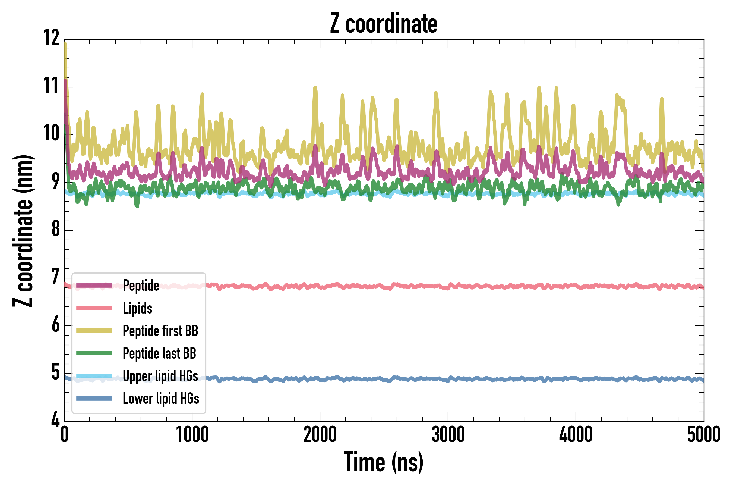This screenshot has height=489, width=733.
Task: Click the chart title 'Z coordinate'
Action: click(x=384, y=24)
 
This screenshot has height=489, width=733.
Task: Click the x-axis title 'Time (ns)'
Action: click(x=384, y=462)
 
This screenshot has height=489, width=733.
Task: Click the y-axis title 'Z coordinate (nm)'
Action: click(x=23, y=231)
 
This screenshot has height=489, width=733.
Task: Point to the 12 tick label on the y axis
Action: click(x=51, y=38)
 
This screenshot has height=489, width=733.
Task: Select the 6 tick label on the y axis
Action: click(x=55, y=325)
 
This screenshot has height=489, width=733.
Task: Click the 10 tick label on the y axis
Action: click(x=51, y=133)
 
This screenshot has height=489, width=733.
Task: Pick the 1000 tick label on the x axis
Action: click(x=192, y=434)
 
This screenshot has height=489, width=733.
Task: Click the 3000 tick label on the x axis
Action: click(x=448, y=434)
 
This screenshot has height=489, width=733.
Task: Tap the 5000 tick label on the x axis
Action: click(x=703, y=434)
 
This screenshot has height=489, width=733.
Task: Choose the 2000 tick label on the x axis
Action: click(x=320, y=434)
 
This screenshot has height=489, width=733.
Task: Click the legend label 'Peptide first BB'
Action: click(x=160, y=331)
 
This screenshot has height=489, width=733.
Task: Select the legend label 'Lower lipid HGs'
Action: click(x=161, y=399)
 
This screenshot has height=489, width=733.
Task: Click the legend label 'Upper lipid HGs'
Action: click(x=160, y=376)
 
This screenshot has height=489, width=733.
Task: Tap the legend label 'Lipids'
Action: click(x=137, y=308)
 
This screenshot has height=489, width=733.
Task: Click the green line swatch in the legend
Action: click(x=94, y=353)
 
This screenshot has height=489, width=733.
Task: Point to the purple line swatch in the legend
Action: click(x=94, y=285)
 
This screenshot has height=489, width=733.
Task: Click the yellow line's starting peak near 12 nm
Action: click(x=65, y=44)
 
